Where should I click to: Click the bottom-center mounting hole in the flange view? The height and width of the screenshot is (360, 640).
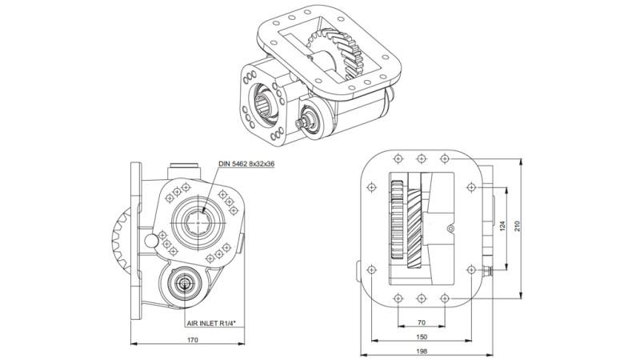[421, 298]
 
